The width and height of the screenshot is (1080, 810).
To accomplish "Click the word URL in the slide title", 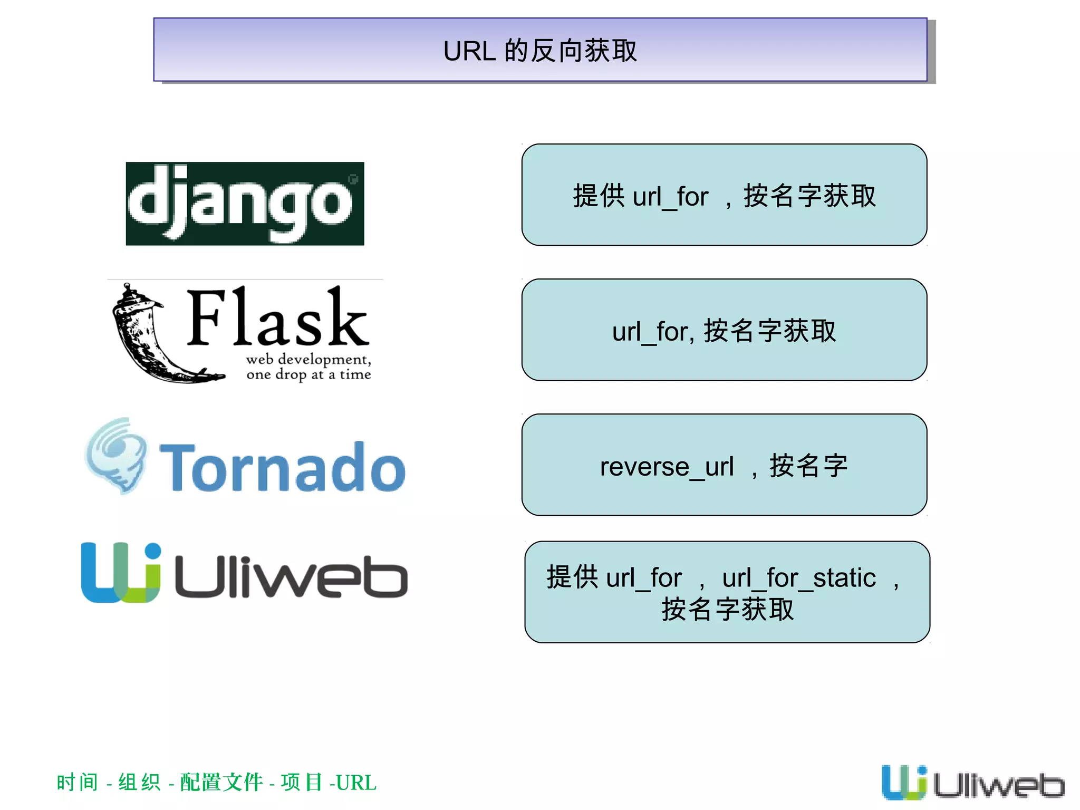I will tap(469, 51).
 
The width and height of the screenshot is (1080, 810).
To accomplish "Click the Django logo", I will tap(245, 204).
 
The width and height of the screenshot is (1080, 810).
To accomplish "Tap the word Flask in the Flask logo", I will tap(277, 318).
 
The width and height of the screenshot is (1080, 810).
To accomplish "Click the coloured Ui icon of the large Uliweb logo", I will tap(121, 572).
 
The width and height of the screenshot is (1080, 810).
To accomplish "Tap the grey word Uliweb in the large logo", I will tap(291, 577).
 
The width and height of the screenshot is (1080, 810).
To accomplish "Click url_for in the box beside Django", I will tap(670, 197).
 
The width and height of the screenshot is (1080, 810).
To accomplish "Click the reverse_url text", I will tap(667, 467).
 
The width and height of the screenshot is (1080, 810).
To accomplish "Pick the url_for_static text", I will tap(799, 578).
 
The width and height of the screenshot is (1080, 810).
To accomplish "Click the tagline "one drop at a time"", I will tap(308, 374).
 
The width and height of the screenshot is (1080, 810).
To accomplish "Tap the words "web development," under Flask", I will tap(308, 360).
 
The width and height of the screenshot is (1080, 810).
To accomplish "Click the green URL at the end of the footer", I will tap(356, 783).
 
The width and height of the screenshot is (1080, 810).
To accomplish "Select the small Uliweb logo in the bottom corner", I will tap(973, 783).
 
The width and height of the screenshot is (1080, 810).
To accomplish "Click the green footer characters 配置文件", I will tap(221, 783).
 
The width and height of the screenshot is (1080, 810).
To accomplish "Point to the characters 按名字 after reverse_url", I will tap(808, 466).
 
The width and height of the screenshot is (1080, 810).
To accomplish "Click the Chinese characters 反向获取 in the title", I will tap(584, 51).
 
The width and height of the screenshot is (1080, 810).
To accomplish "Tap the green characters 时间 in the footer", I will tap(78, 783).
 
